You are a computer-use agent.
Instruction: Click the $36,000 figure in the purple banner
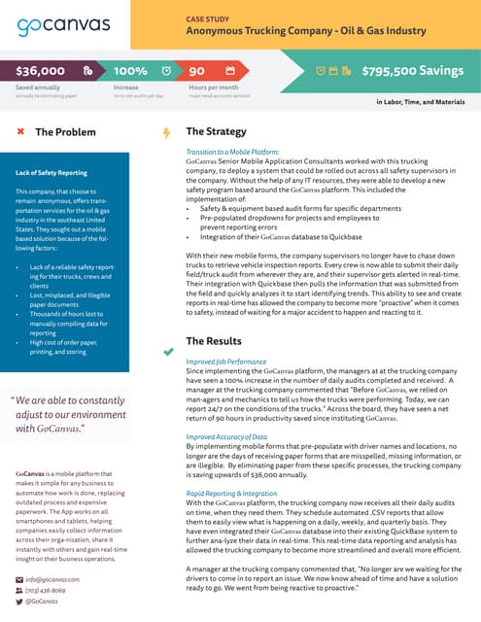(x=41, y=71)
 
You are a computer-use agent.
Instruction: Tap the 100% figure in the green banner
(x=130, y=71)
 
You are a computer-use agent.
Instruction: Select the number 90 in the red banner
(x=196, y=71)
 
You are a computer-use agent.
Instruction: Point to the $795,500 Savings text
(x=411, y=71)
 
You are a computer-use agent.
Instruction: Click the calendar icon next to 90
(x=230, y=71)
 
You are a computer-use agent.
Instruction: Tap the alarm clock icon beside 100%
(x=167, y=71)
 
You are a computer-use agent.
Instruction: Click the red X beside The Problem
(x=19, y=131)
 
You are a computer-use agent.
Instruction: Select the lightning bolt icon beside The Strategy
(x=167, y=132)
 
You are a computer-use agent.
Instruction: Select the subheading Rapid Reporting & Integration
(x=231, y=494)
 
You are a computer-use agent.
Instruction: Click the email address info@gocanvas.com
(x=53, y=579)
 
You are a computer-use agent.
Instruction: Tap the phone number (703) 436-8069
(x=47, y=590)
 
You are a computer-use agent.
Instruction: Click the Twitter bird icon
(x=19, y=602)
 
